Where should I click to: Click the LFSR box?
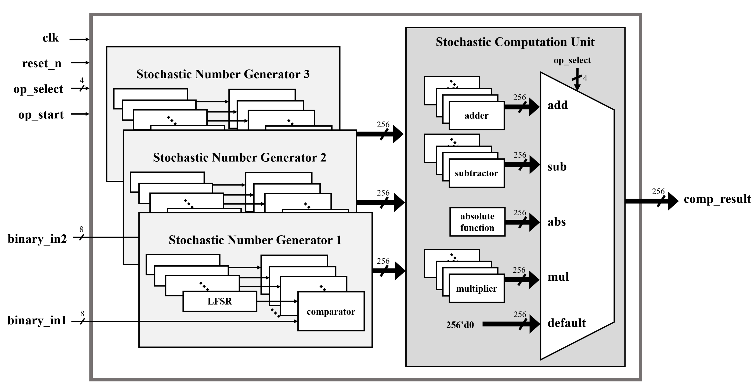click(x=220, y=301)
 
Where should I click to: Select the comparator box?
click(x=331, y=312)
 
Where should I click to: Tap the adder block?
click(x=476, y=116)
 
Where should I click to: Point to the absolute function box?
click(x=477, y=222)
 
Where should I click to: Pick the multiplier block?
click(x=476, y=289)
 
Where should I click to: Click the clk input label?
click(x=51, y=38)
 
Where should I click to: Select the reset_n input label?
click(x=42, y=63)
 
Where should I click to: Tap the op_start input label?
click(x=41, y=115)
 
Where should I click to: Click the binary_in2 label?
click(x=37, y=239)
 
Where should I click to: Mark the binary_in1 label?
click(x=37, y=320)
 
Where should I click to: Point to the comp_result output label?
click(x=717, y=199)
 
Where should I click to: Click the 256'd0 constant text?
click(x=460, y=325)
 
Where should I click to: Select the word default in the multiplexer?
click(x=567, y=323)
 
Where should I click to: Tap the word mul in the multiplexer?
click(x=558, y=277)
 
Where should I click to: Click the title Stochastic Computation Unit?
click(x=515, y=42)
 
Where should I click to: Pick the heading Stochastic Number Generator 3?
click(x=223, y=74)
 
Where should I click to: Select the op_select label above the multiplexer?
click(x=572, y=60)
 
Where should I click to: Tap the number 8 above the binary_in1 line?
click(x=82, y=314)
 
